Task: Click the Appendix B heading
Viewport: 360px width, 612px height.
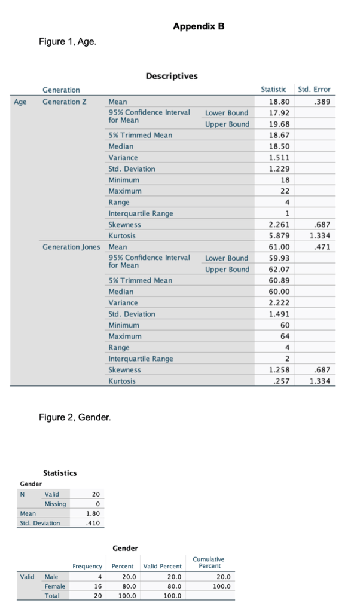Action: [199, 26]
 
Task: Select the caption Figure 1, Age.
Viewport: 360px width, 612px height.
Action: [67, 41]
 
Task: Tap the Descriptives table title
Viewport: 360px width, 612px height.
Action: [171, 76]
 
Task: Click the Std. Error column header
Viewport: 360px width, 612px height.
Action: [314, 90]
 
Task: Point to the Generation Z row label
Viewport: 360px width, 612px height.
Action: [65, 101]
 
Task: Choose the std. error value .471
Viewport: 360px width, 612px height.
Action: [322, 246]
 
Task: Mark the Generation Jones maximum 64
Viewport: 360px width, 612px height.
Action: [285, 336]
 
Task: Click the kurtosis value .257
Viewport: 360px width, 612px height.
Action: [282, 381]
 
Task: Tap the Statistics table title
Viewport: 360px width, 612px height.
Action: [60, 473]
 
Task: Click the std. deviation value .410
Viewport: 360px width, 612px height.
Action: [93, 523]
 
